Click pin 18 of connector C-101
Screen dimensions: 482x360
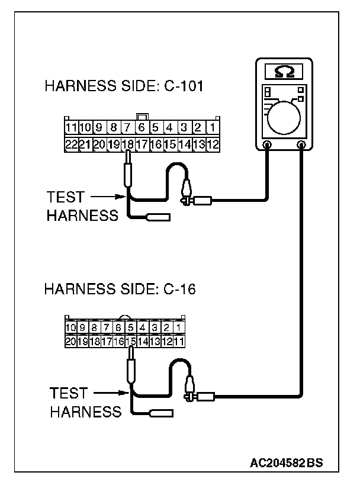coord(127,143)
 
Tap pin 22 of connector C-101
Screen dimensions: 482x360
coord(70,143)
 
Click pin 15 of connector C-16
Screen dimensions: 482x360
coord(131,341)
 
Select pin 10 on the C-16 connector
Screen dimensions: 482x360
coord(70,327)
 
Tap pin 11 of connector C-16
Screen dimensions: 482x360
coord(179,341)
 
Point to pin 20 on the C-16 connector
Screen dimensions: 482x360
coord(70,341)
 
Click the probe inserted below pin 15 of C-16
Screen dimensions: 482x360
coord(131,370)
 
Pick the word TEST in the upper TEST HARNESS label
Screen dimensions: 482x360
coord(65,197)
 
